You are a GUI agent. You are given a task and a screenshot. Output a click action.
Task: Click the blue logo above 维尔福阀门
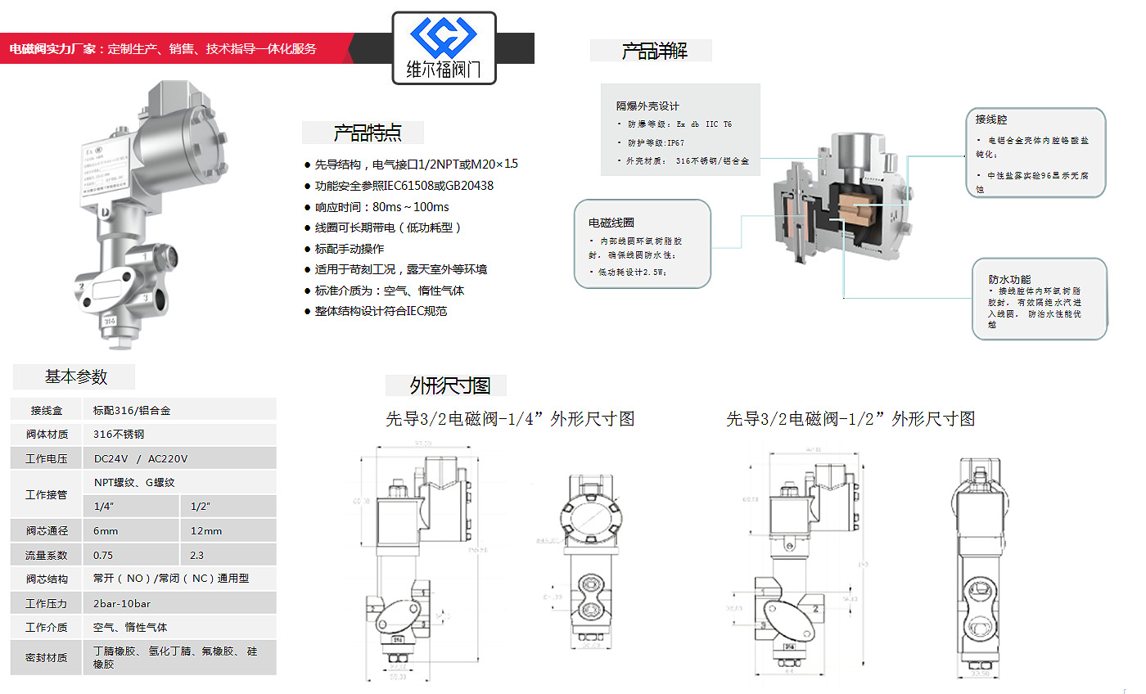click(x=444, y=37)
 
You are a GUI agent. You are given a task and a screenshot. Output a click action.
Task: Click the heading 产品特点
click(x=368, y=133)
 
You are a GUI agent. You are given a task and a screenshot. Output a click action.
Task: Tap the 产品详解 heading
click(x=654, y=52)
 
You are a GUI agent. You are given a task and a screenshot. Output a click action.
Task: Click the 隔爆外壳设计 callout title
click(x=647, y=106)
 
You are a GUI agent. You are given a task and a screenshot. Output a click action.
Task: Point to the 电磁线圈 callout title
click(x=611, y=223)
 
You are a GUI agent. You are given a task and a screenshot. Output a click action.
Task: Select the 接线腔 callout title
click(x=991, y=119)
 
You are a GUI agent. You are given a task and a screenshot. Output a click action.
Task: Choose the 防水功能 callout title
click(x=1009, y=279)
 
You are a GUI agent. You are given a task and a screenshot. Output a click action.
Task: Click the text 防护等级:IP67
click(x=656, y=142)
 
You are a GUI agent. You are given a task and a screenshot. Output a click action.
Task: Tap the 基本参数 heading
click(x=76, y=377)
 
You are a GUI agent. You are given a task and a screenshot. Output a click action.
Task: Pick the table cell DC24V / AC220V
click(x=141, y=459)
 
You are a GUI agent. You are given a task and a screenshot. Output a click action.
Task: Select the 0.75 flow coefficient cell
click(x=103, y=555)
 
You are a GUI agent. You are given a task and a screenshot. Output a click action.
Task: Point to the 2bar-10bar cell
click(x=122, y=603)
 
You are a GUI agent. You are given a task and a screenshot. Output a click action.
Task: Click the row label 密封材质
click(x=47, y=657)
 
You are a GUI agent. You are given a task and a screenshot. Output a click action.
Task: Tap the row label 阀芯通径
click(x=47, y=531)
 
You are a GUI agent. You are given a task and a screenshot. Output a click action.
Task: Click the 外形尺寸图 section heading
click(x=449, y=385)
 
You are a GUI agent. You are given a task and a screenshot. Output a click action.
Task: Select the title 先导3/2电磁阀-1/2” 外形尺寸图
click(x=850, y=419)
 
